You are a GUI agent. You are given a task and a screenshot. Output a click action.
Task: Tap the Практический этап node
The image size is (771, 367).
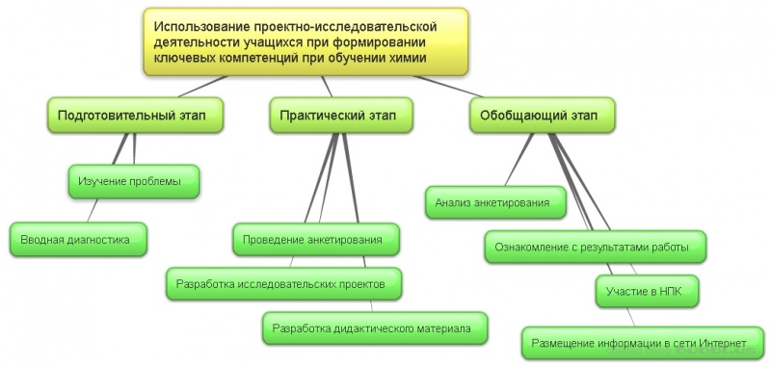(x=332, y=116)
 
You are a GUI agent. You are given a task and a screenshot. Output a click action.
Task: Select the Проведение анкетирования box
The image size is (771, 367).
(x=314, y=239)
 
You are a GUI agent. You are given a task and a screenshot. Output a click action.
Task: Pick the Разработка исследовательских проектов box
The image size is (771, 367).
(x=282, y=284)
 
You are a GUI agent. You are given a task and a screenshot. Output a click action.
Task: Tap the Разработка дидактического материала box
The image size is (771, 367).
(x=372, y=328)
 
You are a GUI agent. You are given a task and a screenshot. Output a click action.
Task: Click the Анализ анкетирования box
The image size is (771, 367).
(x=492, y=203)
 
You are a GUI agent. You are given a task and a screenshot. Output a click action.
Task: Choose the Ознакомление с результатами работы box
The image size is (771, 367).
(x=593, y=247)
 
